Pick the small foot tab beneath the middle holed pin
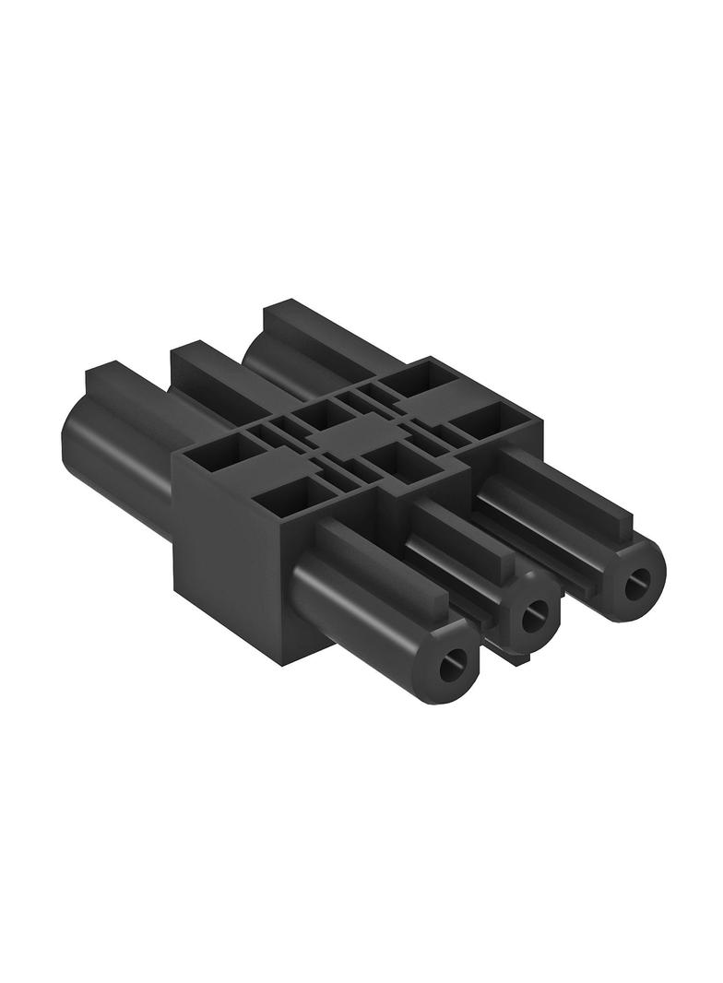[x=516, y=657]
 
